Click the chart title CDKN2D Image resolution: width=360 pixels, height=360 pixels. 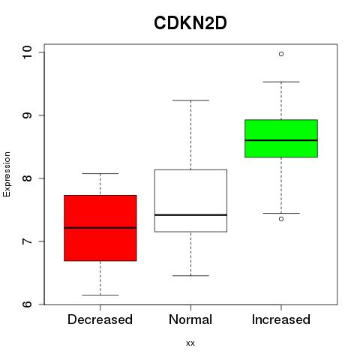coord(190,23)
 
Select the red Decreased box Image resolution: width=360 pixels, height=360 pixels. coord(100,228)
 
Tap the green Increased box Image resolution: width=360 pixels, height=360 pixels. coord(281,139)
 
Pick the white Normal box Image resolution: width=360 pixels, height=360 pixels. coord(190,201)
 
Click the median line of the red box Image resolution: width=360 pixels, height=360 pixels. coord(100,228)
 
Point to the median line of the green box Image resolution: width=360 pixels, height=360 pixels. coord(281,140)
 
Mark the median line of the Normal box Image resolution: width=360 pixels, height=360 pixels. coord(190,215)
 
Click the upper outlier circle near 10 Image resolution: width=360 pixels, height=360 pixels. coord(281,54)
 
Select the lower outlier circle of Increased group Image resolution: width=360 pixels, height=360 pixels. coord(281,219)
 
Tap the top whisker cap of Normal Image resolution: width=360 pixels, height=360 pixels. coord(190,100)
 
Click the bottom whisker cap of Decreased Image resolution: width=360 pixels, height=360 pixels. coord(100,295)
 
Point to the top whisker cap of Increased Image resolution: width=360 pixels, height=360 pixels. coord(281,82)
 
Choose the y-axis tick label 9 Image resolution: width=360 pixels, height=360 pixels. coord(28,115)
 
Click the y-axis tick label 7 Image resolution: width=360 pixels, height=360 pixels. coord(28,241)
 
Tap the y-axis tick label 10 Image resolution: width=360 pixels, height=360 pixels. coord(28,52)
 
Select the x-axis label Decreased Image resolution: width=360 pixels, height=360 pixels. coord(100,319)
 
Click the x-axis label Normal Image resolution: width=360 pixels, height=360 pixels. coord(190,319)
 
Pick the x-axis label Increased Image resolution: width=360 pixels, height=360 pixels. coord(281,319)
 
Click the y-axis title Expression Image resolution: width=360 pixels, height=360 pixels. coord(7,174)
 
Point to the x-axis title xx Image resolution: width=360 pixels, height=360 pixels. coord(190,343)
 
